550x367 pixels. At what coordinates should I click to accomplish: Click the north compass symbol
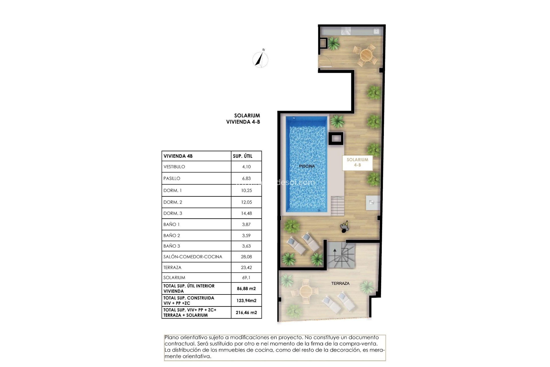coord(260,59)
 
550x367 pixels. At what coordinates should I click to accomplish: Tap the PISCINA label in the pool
coord(307,166)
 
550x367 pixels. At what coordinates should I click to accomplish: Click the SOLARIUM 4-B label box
coord(357,163)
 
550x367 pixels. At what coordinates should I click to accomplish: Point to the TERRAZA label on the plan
coord(340,283)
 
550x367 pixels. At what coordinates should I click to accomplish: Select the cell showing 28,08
coord(246,257)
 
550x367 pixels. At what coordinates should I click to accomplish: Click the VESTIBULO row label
coord(174,167)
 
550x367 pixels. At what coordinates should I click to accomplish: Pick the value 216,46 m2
coord(246,313)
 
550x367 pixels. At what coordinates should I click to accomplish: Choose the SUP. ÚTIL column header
coord(242,156)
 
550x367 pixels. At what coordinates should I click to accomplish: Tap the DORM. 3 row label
coord(173,213)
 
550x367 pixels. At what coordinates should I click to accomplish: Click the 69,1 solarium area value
coord(246,278)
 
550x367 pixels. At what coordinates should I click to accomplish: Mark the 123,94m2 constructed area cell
coord(246,300)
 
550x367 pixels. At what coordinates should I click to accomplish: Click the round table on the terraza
coord(305,292)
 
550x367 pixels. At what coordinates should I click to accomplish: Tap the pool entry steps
coord(337,206)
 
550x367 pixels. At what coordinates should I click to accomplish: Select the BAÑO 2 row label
coord(172,236)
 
